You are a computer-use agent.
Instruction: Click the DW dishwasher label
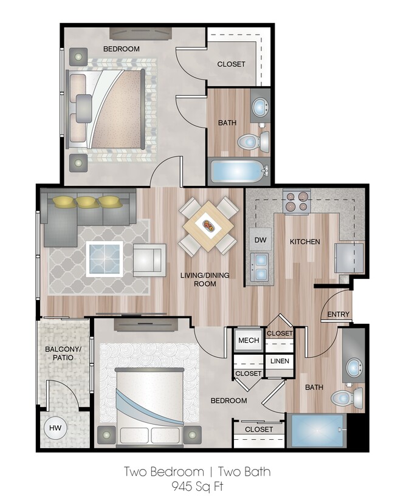[x=261, y=239]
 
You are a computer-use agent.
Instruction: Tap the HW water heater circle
[x=55, y=428]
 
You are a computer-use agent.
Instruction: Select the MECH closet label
[x=248, y=341]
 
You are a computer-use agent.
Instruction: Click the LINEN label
[x=280, y=361]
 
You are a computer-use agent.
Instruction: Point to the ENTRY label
[x=338, y=314]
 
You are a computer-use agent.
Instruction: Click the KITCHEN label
[x=304, y=242]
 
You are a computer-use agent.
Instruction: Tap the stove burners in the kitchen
[x=297, y=201]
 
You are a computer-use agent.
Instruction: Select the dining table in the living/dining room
[x=208, y=227]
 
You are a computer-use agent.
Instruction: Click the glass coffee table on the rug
[x=104, y=258]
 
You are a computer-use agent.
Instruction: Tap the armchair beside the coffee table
[x=149, y=259]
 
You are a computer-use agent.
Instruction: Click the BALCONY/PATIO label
[x=59, y=354]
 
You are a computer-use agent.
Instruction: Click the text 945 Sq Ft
[x=197, y=487]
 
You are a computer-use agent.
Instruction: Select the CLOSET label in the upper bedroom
[x=232, y=64]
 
